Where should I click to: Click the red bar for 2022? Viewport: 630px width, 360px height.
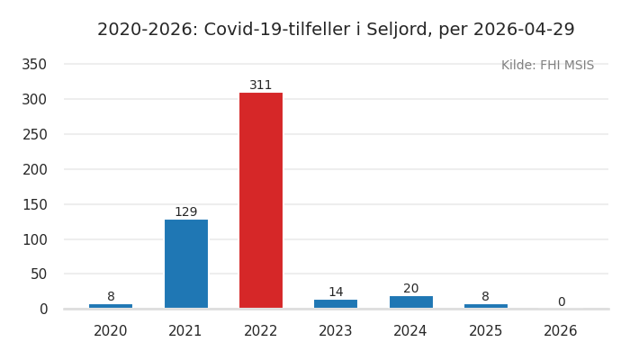click(261, 200)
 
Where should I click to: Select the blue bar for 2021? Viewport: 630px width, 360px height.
click(186, 264)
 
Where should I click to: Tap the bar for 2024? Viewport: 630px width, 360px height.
click(410, 302)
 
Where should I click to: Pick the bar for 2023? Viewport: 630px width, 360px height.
click(336, 304)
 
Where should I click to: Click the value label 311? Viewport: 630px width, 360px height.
click(261, 85)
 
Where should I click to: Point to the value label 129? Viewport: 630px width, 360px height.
click(186, 212)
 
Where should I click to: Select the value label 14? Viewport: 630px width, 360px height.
click(336, 292)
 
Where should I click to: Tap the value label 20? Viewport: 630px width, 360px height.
click(410, 289)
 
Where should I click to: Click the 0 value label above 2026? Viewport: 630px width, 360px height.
click(561, 302)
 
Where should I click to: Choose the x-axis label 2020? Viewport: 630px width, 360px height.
click(111, 331)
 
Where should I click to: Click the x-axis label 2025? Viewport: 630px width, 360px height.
click(485, 331)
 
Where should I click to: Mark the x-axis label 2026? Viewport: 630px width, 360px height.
click(561, 331)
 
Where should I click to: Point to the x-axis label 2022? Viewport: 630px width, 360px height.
click(261, 331)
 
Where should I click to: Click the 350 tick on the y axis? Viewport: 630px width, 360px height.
click(34, 65)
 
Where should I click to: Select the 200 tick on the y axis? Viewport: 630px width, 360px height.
click(34, 169)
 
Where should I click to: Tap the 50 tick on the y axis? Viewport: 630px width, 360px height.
click(39, 274)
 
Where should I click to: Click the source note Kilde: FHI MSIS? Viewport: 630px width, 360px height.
click(547, 66)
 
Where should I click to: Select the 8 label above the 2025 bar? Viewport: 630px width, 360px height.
click(485, 297)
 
